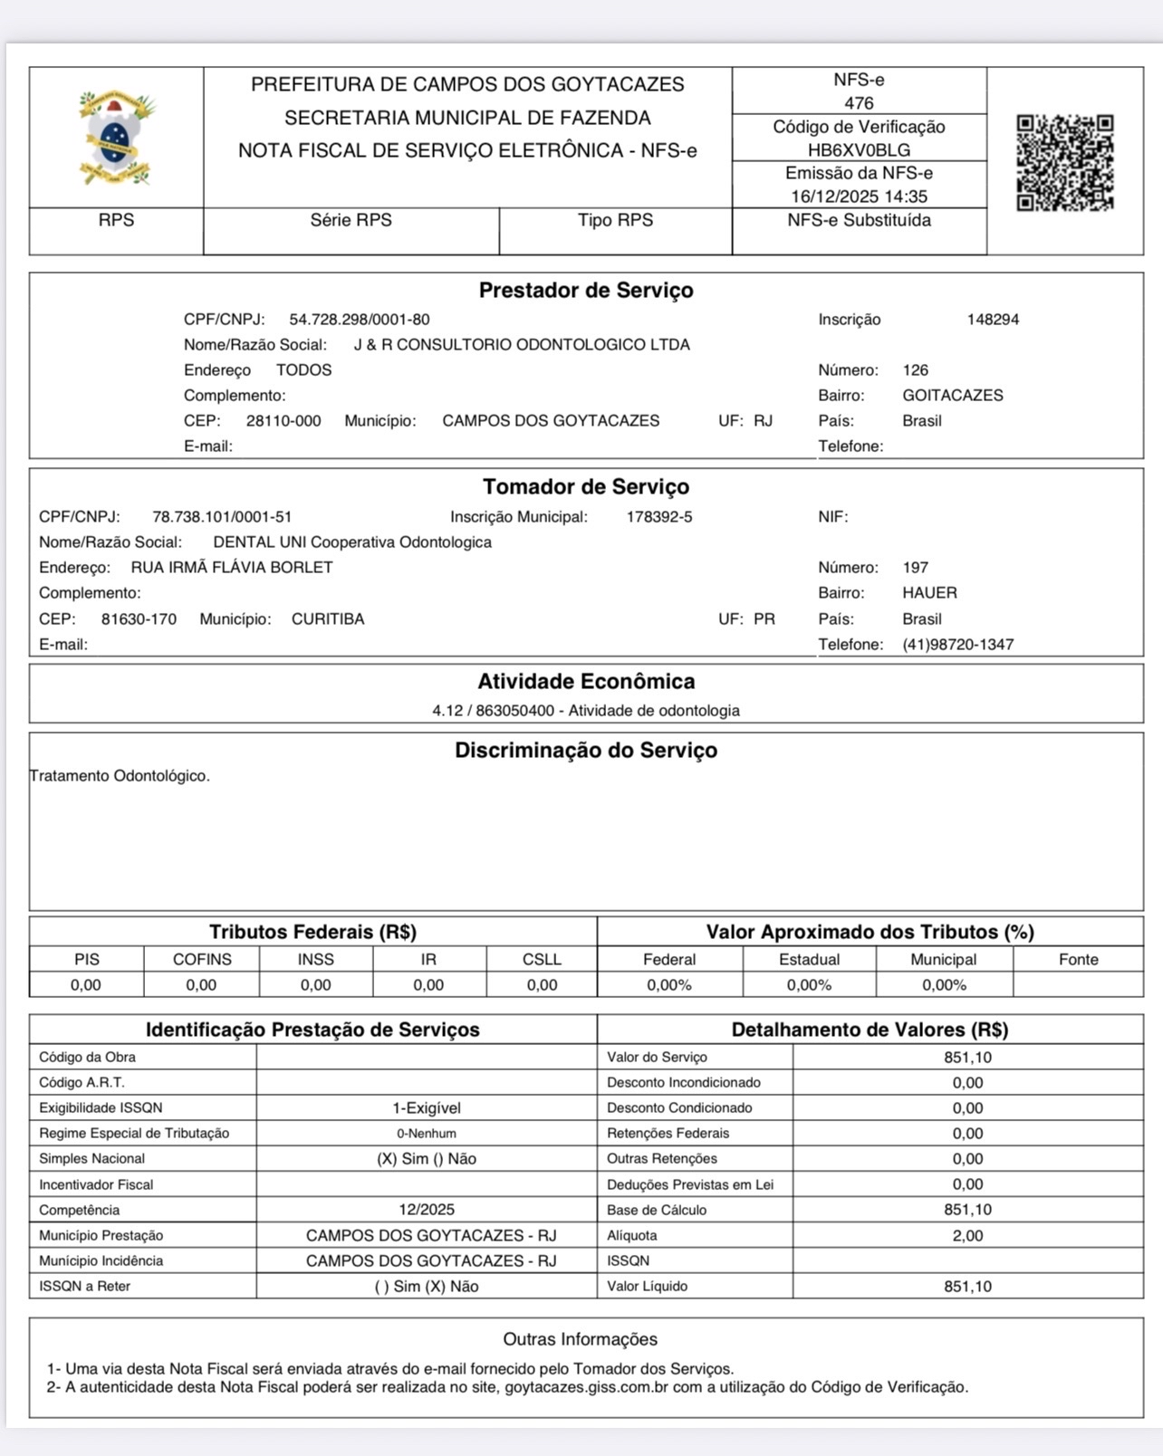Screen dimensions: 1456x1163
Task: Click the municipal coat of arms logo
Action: click(x=116, y=138)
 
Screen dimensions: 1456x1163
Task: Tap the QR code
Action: click(x=1064, y=163)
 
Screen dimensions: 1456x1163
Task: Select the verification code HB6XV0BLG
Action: click(x=859, y=150)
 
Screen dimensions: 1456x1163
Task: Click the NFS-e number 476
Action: click(x=859, y=103)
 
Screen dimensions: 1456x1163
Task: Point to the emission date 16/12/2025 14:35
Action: click(x=859, y=196)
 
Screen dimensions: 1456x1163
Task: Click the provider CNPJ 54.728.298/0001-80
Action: click(x=360, y=320)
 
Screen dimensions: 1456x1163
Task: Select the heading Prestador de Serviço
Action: click(x=586, y=291)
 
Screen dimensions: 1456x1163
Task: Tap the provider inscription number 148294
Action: click(x=993, y=320)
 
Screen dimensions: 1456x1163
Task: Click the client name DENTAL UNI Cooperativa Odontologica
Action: click(x=352, y=542)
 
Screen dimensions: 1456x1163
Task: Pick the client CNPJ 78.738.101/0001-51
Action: click(x=222, y=517)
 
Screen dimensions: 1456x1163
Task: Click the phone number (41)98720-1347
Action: click(x=957, y=645)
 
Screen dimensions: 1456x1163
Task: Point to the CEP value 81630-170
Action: click(x=139, y=619)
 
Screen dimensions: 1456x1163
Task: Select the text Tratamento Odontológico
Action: click(x=120, y=776)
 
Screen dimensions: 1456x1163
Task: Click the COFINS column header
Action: click(x=202, y=960)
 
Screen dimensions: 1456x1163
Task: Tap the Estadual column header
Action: click(x=809, y=960)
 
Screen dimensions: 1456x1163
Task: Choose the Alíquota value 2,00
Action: click(x=967, y=1235)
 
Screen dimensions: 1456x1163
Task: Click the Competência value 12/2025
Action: click(x=427, y=1210)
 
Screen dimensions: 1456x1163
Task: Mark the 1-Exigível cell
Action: click(x=427, y=1108)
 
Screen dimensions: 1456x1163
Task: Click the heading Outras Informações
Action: click(x=581, y=1339)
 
